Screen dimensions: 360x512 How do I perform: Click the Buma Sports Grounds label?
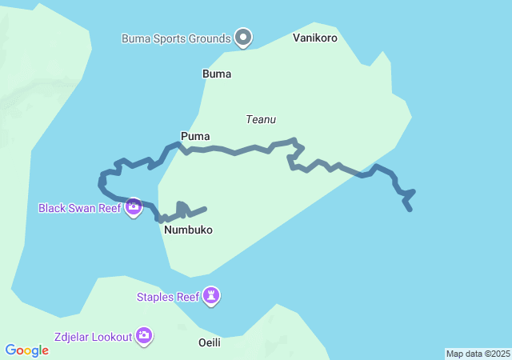pos(176,38)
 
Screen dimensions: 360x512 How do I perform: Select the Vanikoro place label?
pos(314,38)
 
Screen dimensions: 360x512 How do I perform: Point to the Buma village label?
pos(217,74)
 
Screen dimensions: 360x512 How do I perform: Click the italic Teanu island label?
pos(261,119)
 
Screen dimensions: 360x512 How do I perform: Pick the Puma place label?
pos(195,136)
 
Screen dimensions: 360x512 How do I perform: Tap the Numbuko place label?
pos(188,230)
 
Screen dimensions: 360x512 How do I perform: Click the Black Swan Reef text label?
pos(79,208)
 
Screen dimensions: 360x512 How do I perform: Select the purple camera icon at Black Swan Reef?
pos(134,207)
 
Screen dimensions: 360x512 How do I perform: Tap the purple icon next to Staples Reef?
pos(211,297)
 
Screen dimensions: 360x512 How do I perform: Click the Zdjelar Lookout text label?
pos(93,337)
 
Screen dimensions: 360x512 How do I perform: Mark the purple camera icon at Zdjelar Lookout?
pos(144,336)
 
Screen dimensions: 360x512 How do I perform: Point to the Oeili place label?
pos(209,342)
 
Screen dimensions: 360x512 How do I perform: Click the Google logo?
pos(27,350)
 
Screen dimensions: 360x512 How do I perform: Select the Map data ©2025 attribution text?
pos(478,354)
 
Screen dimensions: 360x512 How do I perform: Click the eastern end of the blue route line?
pos(410,210)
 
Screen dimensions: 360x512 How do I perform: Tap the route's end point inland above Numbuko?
pos(206,209)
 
